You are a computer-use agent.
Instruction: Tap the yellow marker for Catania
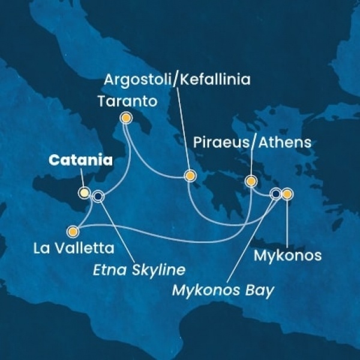pos(85,193)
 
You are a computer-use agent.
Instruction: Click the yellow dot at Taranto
pos(126,118)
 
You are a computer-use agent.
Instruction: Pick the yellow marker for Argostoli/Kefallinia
pos(190,176)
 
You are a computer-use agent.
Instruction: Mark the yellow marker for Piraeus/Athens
pos(251,181)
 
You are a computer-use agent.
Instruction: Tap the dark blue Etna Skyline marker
pos(98,196)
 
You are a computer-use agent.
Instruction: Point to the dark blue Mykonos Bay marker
pos(276,194)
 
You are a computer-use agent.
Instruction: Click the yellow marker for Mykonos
pos(287,194)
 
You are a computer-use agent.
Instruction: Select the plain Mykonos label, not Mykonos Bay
pos(287,257)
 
